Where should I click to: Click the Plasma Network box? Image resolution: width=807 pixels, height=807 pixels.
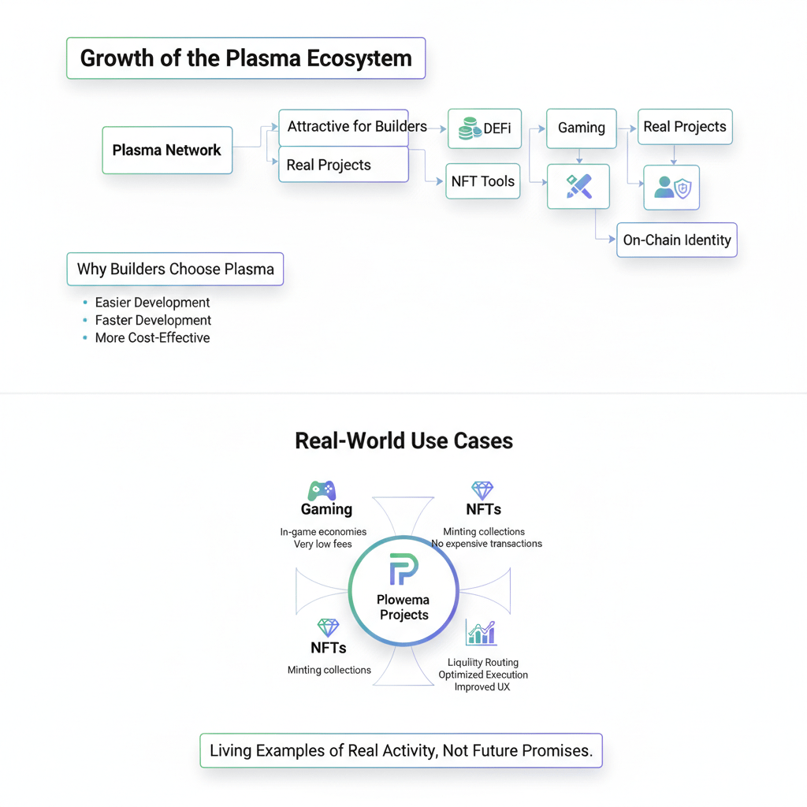click(x=167, y=151)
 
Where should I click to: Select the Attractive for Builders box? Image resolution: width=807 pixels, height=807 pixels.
click(x=344, y=128)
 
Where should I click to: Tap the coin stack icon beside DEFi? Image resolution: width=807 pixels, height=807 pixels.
click(x=470, y=128)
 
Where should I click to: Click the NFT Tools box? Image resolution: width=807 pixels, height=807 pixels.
click(x=483, y=181)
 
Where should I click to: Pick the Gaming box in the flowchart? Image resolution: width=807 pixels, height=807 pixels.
click(x=582, y=128)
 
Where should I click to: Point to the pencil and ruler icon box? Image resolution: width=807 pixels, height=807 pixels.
click(x=578, y=186)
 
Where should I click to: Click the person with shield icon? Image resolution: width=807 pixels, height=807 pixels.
click(x=673, y=188)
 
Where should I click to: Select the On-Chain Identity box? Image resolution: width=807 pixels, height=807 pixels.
click(x=677, y=240)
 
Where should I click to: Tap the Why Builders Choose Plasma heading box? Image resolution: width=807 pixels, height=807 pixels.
click(x=175, y=270)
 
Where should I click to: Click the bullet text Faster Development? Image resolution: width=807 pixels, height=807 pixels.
click(x=153, y=320)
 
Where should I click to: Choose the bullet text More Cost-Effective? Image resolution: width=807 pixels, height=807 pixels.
click(x=152, y=337)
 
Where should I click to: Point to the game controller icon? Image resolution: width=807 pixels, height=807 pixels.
click(x=322, y=491)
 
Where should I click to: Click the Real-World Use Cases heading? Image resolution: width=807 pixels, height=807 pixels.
click(x=404, y=441)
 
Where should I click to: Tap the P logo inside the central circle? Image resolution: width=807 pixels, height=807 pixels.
click(x=403, y=569)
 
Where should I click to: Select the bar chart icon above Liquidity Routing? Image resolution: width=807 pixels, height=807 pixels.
click(x=482, y=633)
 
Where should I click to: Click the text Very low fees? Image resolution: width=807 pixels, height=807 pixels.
click(x=322, y=544)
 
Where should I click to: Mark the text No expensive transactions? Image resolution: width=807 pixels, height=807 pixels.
click(x=486, y=544)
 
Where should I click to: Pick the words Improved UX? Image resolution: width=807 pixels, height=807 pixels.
click(x=482, y=687)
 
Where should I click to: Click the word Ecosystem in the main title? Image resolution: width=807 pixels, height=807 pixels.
click(x=359, y=58)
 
